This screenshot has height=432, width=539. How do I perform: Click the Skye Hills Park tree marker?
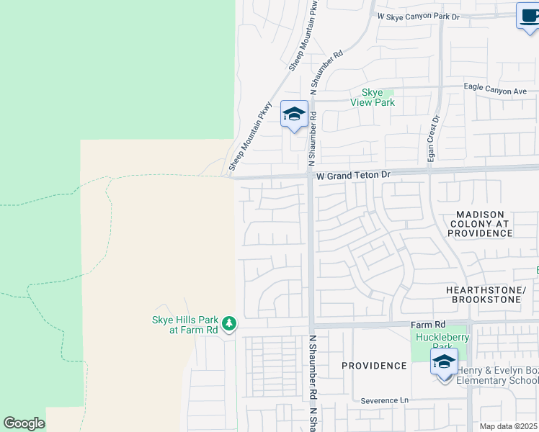(x=229, y=324)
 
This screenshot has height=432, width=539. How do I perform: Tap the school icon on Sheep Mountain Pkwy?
(x=294, y=114)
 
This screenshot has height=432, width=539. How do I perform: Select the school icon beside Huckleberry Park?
(x=443, y=363)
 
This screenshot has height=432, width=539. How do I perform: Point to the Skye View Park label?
(x=378, y=97)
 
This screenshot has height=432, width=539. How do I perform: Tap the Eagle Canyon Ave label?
(x=496, y=91)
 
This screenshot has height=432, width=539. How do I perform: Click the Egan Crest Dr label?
(x=435, y=140)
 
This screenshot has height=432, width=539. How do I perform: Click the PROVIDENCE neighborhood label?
(x=374, y=366)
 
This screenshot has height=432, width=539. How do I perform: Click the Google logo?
(x=24, y=423)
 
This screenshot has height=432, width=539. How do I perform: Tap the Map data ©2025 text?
(x=509, y=426)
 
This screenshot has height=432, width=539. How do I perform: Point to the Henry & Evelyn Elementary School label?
(x=497, y=375)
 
